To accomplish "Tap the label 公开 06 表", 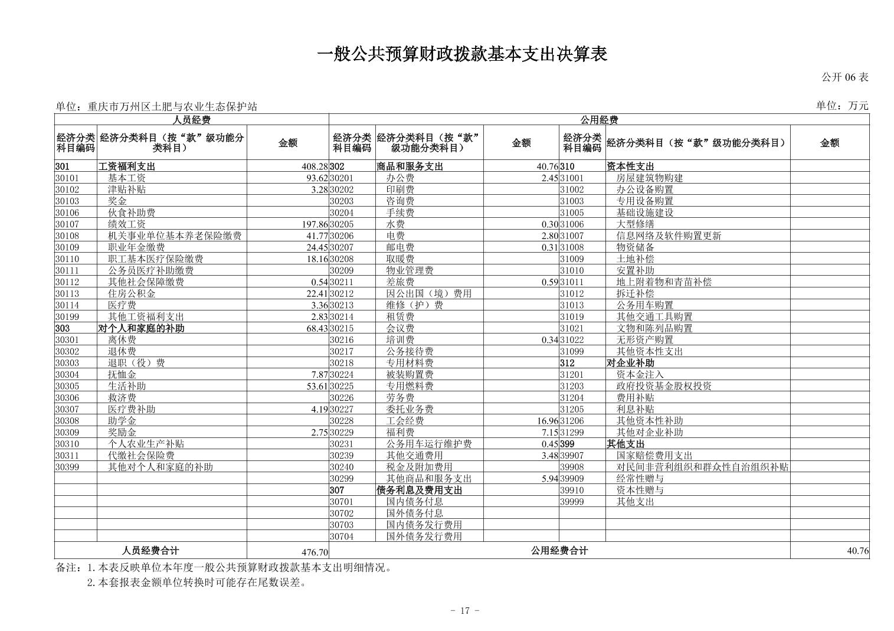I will pos(844,77).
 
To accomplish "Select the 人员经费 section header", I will pos(191,120).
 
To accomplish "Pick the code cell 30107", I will pos(67,224).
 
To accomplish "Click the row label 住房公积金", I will pos(132,293).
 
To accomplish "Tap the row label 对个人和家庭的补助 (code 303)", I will pos(141,328).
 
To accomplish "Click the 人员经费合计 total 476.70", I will pos(314,552).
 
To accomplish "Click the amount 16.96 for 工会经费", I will pos(548,421).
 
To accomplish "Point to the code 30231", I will pos(342,444).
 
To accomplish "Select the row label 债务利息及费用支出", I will pos(419,490).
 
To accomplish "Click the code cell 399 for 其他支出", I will pos(567,444).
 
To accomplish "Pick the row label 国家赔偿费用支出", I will pos(654,456).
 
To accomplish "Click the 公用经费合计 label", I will pos(559,551).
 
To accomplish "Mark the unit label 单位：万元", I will pos(842,106).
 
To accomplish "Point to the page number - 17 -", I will pos(464,610).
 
